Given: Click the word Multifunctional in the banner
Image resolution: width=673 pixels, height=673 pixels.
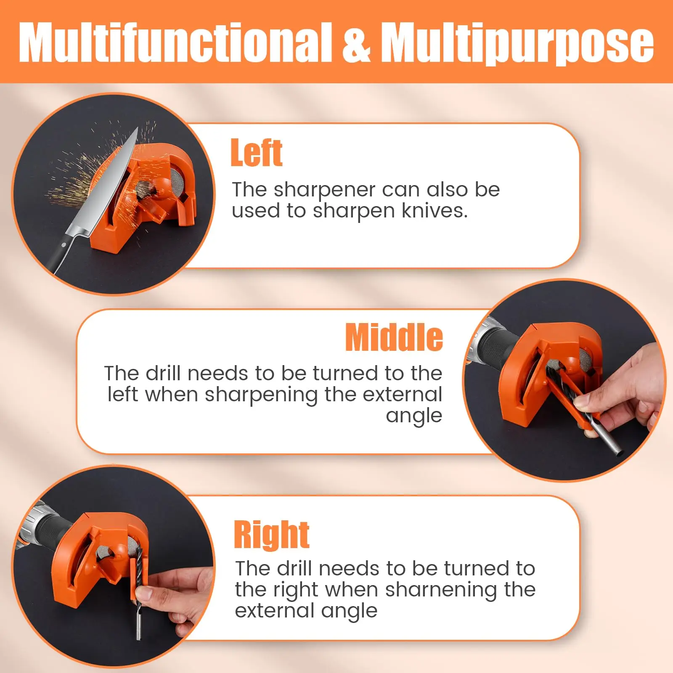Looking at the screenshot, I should (x=175, y=42).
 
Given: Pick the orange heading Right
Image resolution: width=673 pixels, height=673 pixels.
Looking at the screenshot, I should (x=272, y=535).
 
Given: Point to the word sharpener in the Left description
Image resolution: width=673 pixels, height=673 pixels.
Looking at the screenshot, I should (x=324, y=190).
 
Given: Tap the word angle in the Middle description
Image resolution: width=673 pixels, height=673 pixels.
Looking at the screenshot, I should (x=414, y=416).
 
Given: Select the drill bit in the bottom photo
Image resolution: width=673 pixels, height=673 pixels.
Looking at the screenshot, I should (x=138, y=597).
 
